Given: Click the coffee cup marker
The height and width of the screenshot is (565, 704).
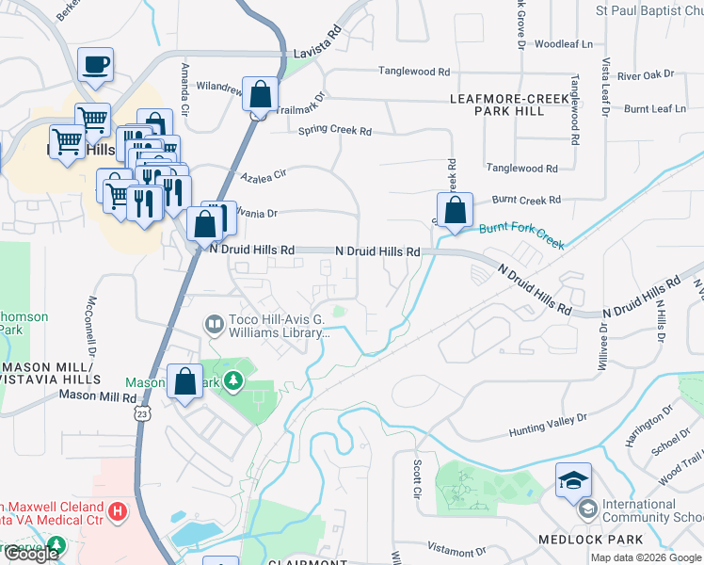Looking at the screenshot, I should [x=95, y=65].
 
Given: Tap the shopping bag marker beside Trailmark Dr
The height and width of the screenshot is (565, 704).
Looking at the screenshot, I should [x=261, y=95].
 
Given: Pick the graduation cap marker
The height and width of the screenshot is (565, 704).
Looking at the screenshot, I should [x=573, y=481].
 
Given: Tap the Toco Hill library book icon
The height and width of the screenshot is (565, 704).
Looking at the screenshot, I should [x=215, y=325].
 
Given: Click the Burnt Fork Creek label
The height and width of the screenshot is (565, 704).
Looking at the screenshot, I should [x=521, y=234].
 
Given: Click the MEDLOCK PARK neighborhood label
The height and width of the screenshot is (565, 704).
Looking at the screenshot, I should [x=590, y=540].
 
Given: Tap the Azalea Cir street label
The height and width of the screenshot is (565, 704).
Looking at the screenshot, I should [x=263, y=175].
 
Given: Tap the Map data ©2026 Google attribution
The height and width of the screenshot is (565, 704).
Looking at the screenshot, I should [x=645, y=557].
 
